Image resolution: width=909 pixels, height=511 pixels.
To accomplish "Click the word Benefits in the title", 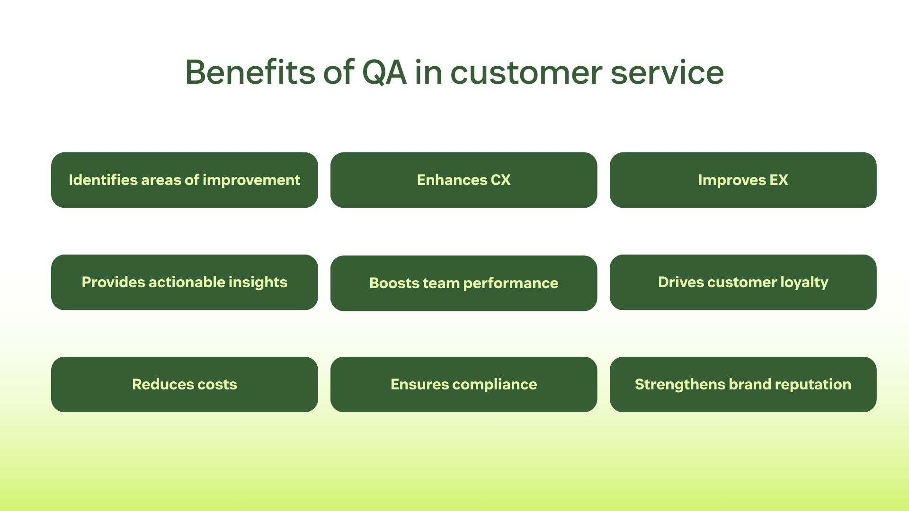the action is (250, 72).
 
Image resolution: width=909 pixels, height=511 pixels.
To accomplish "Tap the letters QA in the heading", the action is (384, 73).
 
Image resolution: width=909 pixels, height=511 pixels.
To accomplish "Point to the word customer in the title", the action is (526, 74).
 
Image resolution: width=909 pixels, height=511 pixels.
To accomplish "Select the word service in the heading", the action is (667, 73).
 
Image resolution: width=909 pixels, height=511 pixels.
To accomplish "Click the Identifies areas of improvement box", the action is (185, 180).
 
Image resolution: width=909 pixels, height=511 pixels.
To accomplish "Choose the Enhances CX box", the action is (464, 180).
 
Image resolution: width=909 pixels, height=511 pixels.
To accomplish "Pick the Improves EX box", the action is (743, 180).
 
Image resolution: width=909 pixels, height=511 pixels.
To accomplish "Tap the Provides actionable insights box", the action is (185, 282).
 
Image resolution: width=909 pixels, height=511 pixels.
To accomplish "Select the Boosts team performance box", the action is (464, 283).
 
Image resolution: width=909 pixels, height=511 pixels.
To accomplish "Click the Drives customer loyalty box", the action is (743, 282).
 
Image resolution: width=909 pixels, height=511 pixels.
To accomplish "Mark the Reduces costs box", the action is (185, 384).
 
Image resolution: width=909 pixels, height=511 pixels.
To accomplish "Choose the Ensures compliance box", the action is (464, 384).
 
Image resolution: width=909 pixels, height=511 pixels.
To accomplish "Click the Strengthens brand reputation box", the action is (743, 384).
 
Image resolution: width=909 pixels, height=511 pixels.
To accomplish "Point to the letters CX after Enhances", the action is (501, 180).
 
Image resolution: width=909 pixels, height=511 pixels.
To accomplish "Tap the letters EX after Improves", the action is (779, 180).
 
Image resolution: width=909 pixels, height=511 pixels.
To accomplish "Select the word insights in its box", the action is (258, 283).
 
